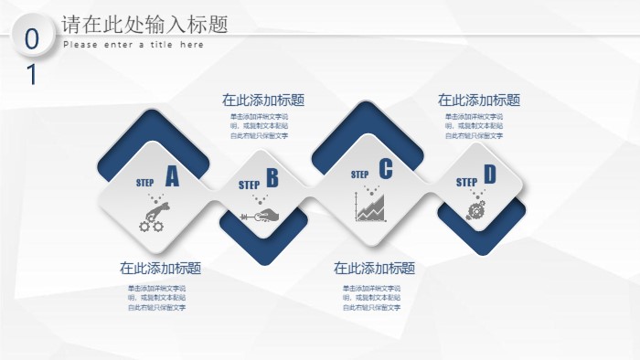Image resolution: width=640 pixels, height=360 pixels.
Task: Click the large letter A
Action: point(172,176)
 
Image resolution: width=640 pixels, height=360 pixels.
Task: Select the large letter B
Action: point(272,178)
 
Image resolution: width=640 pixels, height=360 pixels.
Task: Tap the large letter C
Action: point(385,169)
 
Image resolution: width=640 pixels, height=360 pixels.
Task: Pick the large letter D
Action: point(489,175)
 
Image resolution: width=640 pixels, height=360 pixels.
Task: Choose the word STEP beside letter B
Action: point(250,185)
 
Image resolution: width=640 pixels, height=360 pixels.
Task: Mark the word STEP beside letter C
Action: point(359,175)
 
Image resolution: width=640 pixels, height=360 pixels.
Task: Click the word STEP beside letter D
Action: point(466,182)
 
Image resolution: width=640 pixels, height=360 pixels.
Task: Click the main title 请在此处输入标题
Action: point(144,25)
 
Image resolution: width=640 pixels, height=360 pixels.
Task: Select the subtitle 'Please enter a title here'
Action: point(133,45)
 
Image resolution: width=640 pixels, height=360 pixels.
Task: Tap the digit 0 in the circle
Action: point(32,39)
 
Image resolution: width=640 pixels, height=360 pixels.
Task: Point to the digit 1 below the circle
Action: point(32,75)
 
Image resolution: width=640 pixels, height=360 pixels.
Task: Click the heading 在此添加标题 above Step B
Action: point(263,101)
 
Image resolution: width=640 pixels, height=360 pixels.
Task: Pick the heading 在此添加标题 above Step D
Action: point(479,101)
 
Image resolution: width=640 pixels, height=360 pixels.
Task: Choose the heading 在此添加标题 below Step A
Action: point(161,269)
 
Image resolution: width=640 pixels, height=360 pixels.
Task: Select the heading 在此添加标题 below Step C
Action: point(374,269)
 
